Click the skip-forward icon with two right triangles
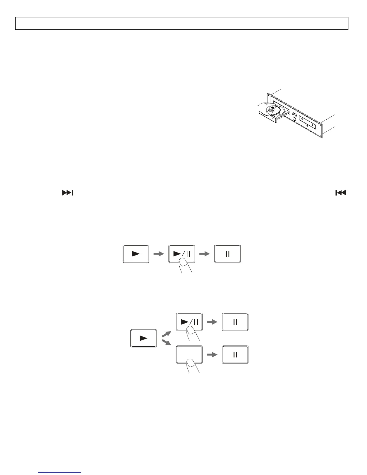click(x=68, y=193)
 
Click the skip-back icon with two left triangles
click(x=341, y=193)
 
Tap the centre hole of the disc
click(x=270, y=111)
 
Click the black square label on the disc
click(x=272, y=107)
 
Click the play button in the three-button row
click(x=136, y=254)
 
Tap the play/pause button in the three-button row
click(x=182, y=254)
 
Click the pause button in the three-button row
click(x=228, y=254)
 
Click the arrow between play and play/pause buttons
click(x=159, y=254)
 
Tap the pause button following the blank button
click(x=235, y=354)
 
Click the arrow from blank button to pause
click(x=212, y=354)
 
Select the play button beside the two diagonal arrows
click(x=144, y=338)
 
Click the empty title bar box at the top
click(x=182, y=23)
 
